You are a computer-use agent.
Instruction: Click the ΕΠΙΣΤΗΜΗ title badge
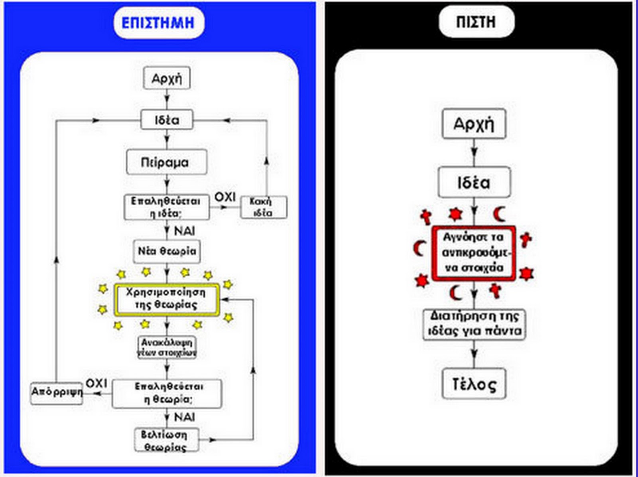158,22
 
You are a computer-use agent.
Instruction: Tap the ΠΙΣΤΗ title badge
476,22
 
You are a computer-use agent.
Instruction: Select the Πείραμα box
167,162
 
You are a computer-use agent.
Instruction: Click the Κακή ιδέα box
264,207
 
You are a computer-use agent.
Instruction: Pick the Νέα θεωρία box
167,251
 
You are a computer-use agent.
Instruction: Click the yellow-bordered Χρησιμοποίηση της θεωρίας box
167,300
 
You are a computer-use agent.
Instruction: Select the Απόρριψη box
57,393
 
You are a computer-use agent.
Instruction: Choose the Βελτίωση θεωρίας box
166,440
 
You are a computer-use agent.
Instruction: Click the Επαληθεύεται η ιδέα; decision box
166,207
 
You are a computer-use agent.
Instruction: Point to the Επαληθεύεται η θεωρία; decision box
167,394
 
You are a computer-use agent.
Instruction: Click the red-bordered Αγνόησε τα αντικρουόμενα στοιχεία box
474,252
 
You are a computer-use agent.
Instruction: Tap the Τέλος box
474,384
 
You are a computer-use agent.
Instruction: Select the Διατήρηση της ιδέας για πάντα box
474,324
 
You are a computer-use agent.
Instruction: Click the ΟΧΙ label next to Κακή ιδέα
225,197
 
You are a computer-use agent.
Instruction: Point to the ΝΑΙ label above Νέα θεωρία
185,231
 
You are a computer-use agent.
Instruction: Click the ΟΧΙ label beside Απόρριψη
97,383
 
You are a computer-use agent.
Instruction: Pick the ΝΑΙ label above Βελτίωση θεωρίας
185,417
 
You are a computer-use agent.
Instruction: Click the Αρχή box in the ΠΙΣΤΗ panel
474,124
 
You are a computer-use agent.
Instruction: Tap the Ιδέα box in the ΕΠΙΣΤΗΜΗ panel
167,120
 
